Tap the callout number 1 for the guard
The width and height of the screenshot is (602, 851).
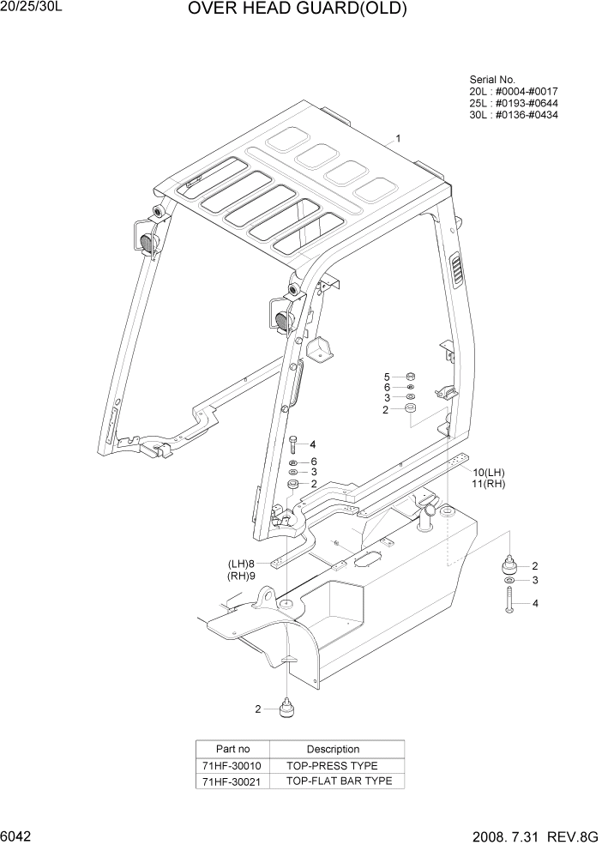[x=398, y=138]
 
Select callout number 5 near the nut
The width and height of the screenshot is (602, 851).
[x=387, y=377]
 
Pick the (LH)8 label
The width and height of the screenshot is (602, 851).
[x=242, y=564]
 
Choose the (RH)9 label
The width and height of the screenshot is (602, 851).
[x=242, y=576]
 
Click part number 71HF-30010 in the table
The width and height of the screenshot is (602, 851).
[x=232, y=765]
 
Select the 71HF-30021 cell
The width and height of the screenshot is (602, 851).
[x=232, y=781]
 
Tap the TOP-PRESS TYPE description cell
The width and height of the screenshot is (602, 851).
[x=332, y=765]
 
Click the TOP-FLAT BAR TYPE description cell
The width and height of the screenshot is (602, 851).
[x=338, y=781]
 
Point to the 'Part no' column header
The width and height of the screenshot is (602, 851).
[x=232, y=749]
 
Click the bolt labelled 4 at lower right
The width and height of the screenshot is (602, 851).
[x=509, y=604]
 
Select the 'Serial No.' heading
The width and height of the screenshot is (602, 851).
[x=491, y=80]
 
